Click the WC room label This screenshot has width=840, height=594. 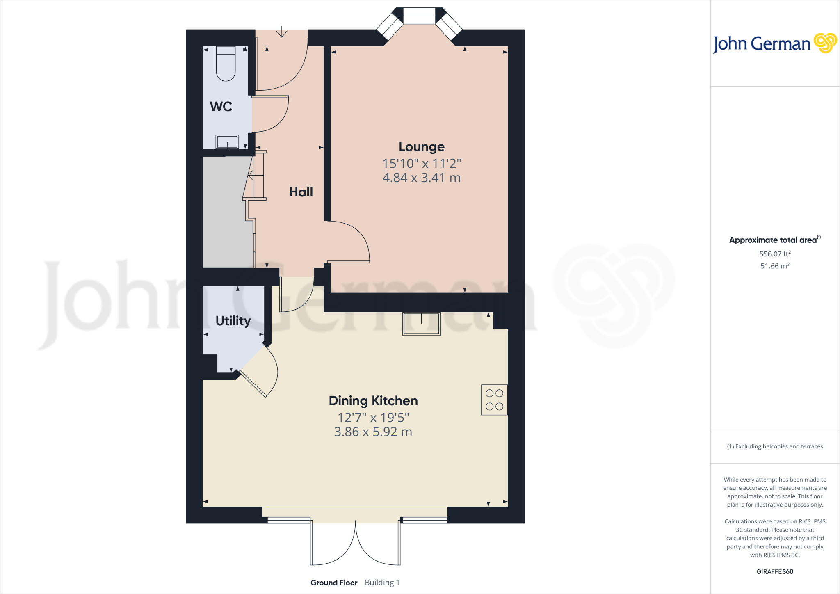221,107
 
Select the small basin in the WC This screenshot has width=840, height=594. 227,142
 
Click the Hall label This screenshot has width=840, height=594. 301,192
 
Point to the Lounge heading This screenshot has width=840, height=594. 421,147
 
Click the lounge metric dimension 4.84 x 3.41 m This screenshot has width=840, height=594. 421,178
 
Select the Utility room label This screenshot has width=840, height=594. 233,321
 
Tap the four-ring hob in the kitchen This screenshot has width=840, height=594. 494,400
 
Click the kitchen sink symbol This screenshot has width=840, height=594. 421,324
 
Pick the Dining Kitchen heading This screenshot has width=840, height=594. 373,401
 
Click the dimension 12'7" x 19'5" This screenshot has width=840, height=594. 373,418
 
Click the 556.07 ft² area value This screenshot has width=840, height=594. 775,254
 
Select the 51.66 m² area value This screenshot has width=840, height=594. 775,266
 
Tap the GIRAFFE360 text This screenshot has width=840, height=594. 775,571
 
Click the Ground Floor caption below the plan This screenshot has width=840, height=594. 334,583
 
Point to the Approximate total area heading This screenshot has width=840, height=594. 774,240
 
